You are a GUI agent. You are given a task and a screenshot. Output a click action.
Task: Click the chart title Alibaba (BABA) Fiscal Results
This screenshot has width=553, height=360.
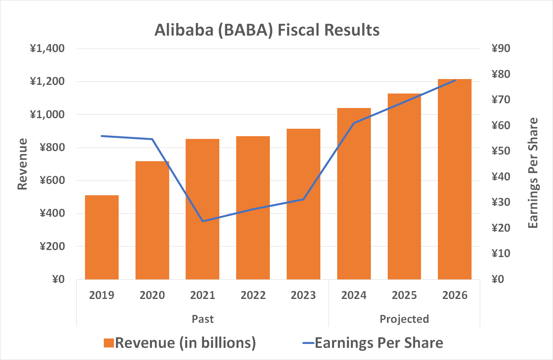(267, 30)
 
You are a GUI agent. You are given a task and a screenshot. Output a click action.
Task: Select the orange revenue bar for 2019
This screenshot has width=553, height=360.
(102, 237)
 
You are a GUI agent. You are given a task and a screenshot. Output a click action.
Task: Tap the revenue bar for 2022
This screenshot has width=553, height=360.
(253, 207)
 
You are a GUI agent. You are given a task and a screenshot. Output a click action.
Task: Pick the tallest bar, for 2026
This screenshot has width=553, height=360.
(455, 179)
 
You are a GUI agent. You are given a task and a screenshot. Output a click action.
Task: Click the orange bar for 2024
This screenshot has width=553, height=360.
(354, 194)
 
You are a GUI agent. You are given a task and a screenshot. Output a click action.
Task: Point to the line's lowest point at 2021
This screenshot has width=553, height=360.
(202, 221)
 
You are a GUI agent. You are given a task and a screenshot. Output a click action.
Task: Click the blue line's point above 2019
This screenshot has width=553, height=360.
(102, 136)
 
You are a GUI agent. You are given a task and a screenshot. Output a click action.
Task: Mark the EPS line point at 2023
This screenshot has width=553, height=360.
(304, 200)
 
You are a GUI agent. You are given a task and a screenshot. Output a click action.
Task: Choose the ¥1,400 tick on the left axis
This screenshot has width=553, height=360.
(47, 49)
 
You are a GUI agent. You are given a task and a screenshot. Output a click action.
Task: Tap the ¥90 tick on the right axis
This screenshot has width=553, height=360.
(501, 49)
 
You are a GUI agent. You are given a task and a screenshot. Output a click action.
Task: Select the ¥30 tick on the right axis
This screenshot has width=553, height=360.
(501, 202)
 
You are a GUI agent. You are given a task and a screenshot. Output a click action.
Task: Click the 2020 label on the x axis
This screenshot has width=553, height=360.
(152, 295)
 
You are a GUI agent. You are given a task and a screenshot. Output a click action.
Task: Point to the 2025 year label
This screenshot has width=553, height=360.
(404, 295)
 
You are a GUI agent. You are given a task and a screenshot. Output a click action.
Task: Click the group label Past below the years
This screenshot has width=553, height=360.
(202, 319)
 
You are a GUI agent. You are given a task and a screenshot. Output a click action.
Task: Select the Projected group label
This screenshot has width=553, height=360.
(404, 319)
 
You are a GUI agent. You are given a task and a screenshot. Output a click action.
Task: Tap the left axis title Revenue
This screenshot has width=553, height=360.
(22, 164)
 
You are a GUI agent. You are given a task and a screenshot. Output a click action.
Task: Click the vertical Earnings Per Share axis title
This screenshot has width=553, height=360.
(533, 173)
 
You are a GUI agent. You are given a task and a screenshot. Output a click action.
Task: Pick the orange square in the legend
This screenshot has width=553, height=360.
(108, 343)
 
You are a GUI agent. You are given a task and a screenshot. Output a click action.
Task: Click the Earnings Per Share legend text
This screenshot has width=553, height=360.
(379, 343)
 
